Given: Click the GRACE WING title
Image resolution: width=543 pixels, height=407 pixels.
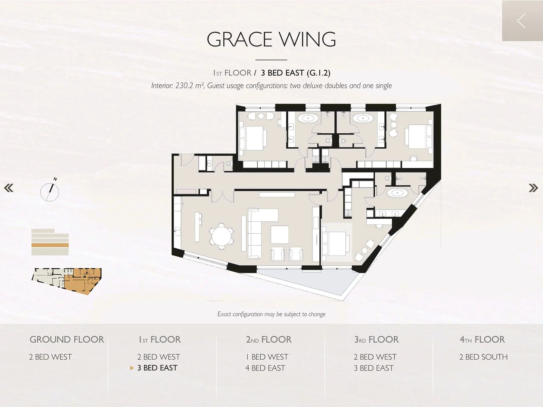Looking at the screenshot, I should (271, 39).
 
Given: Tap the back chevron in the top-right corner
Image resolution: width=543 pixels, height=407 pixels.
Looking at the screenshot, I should (521, 21).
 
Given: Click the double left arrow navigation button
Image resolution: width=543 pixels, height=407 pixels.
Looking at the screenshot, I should (9, 188).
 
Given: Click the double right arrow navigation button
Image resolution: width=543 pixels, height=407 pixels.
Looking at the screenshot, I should (533, 188).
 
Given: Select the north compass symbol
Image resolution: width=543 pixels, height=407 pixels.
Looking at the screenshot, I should (50, 191).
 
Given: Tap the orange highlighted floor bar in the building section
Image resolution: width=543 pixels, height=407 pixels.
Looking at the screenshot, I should (50, 245).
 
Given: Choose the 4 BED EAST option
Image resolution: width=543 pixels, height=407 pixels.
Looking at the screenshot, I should (265, 368).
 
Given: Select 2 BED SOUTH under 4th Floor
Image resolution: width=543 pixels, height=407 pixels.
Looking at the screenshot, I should (483, 357).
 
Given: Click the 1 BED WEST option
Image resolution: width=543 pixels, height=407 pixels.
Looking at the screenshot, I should (267, 357).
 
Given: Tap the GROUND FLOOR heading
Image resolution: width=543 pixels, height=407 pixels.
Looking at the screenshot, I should (67, 339).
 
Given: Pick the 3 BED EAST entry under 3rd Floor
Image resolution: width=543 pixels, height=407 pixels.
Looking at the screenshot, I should (373, 368).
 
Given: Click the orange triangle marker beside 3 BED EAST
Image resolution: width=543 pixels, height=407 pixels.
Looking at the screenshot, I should (132, 368).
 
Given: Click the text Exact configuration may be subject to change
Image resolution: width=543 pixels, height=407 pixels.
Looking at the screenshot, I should (271, 314).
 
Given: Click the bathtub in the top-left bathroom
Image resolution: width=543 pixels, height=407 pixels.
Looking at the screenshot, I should (308, 118).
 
